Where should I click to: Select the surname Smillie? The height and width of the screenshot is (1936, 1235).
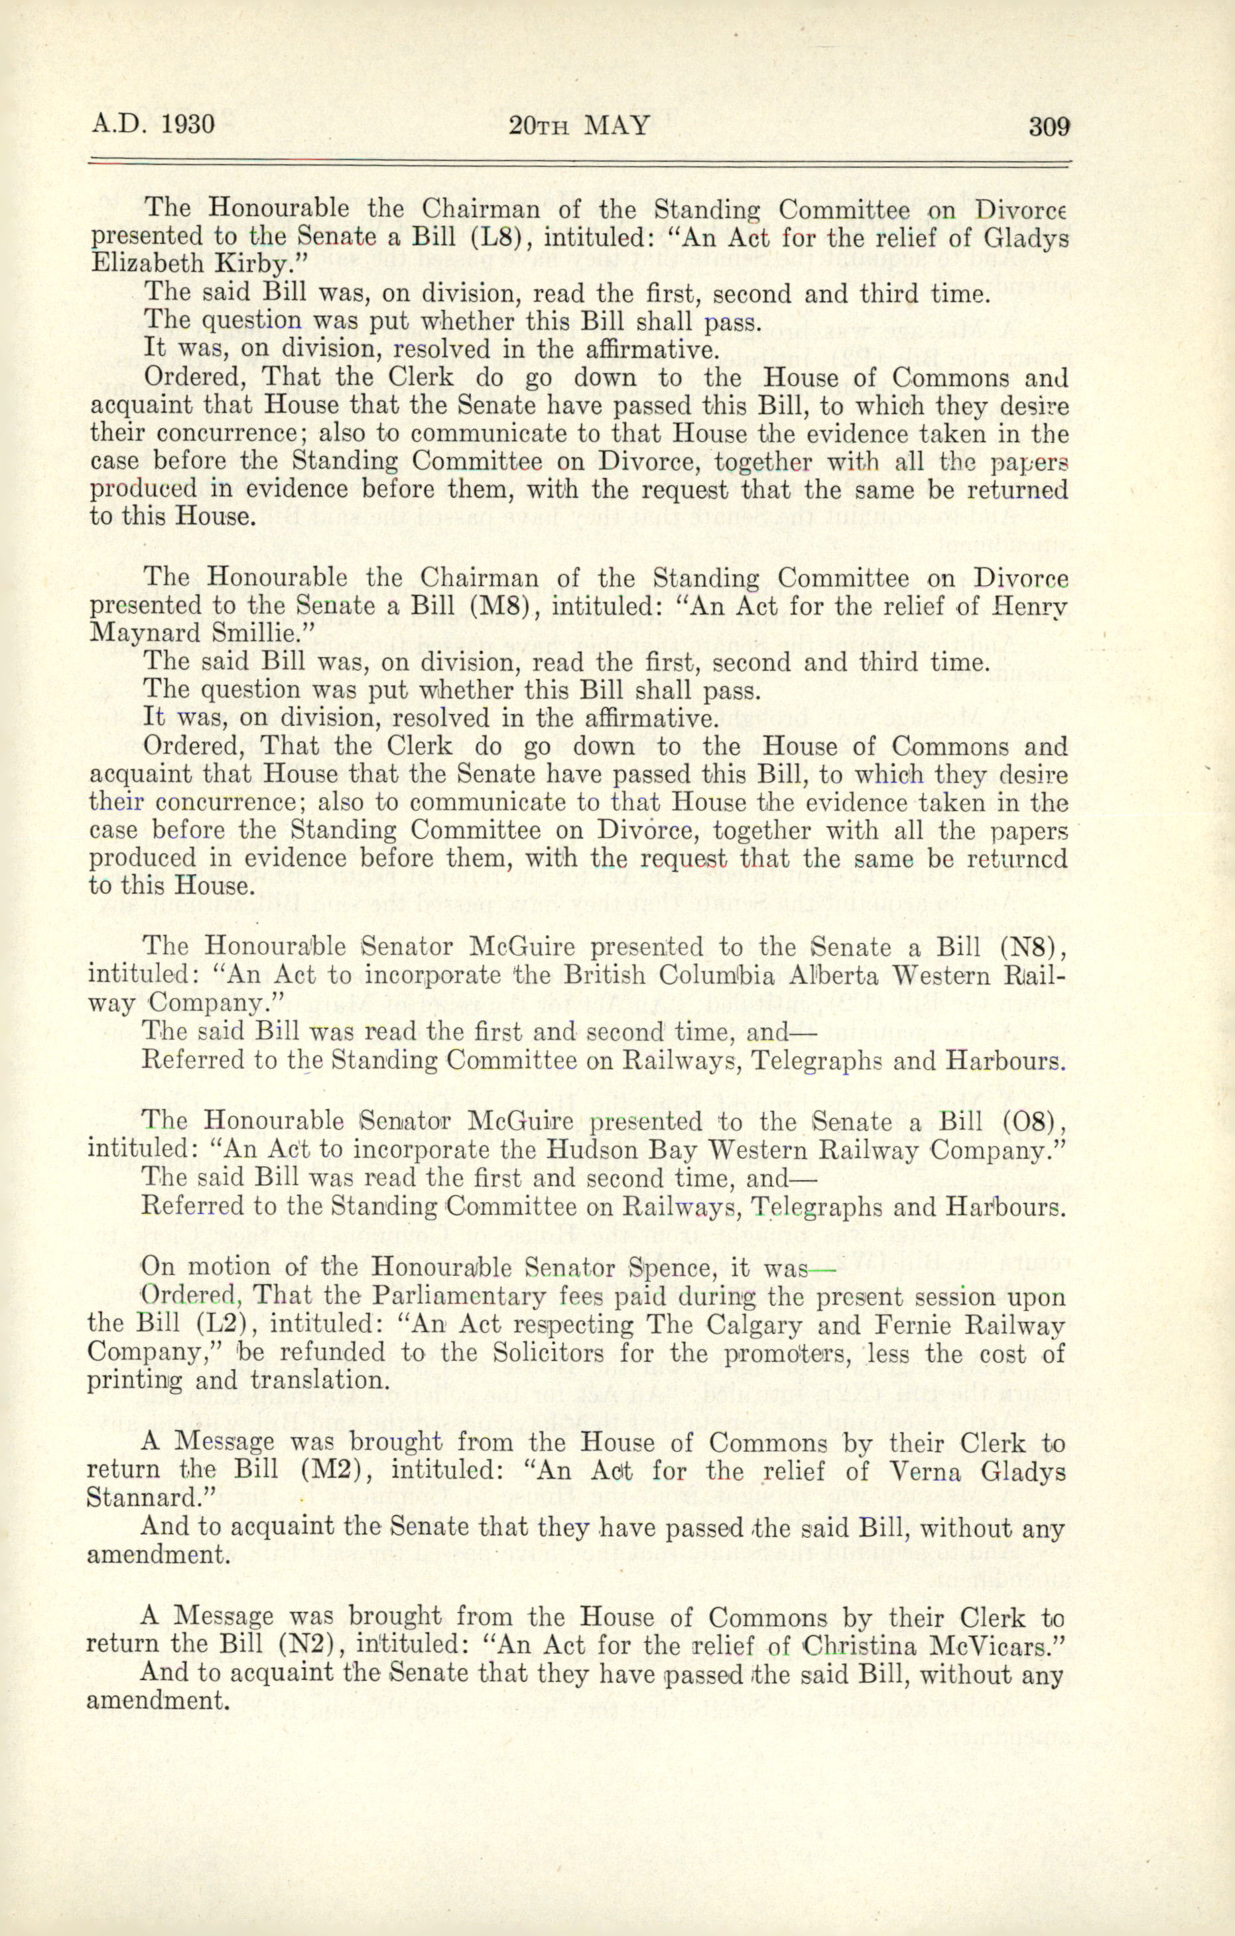[255, 634]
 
